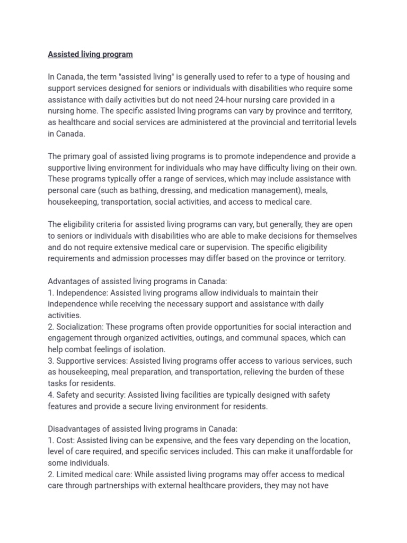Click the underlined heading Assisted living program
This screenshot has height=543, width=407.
click(90, 54)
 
